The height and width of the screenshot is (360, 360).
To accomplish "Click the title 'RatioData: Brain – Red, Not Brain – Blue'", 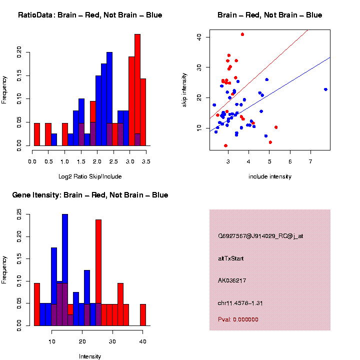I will tap(90, 15).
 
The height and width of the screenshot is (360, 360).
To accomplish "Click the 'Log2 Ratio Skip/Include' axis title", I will tap(90, 176).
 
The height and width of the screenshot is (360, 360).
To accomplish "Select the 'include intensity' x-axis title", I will tap(269, 176).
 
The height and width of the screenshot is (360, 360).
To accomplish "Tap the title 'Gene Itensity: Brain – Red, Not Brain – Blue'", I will tap(90, 195).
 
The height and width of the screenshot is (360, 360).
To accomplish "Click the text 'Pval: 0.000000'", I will tap(238, 319).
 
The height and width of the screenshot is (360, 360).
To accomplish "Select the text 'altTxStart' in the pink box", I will tap(230, 258).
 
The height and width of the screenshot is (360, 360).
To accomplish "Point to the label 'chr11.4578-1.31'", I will tap(237, 302).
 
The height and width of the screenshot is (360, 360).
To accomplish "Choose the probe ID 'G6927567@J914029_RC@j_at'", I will tap(260, 236).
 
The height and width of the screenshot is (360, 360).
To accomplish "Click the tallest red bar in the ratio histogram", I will tap(137, 90).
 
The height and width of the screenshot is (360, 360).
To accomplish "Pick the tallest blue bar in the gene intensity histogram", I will tap(65, 270).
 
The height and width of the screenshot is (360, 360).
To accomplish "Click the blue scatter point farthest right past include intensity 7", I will tap(325, 89).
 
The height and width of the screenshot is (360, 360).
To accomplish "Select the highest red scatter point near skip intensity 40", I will tap(242, 34).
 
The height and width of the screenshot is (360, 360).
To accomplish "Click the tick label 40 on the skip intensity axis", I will tap(198, 36).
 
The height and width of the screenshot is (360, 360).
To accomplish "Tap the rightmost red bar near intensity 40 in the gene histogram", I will tap(143, 315).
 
